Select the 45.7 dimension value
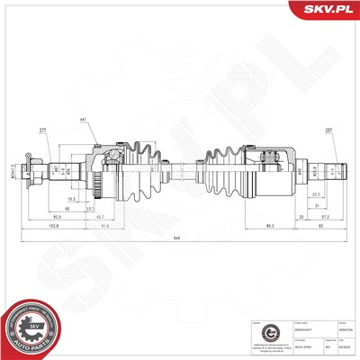click(x=98, y=217)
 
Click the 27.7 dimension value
click(x=317, y=195)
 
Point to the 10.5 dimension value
click(x=71, y=199)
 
